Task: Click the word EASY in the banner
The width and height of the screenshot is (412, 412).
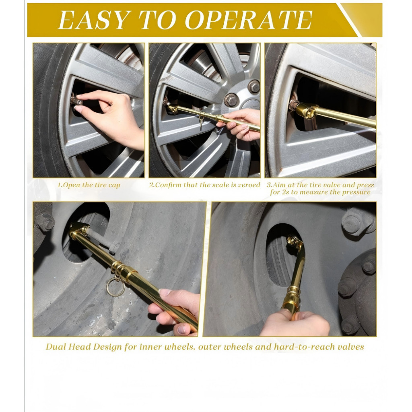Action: coord(93,20)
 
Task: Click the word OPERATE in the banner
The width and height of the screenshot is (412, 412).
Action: coord(249,20)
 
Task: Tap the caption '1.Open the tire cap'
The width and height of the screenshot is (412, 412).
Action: coord(89,185)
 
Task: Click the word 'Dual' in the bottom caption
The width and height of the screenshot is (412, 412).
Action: coord(56,346)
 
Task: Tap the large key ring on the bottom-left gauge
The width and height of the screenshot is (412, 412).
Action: coord(115,287)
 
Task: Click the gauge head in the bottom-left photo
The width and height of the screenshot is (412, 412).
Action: coord(78,229)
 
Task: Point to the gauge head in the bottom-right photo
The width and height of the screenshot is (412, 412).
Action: coord(294,241)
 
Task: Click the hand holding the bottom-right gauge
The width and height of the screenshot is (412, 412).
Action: coord(294,323)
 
